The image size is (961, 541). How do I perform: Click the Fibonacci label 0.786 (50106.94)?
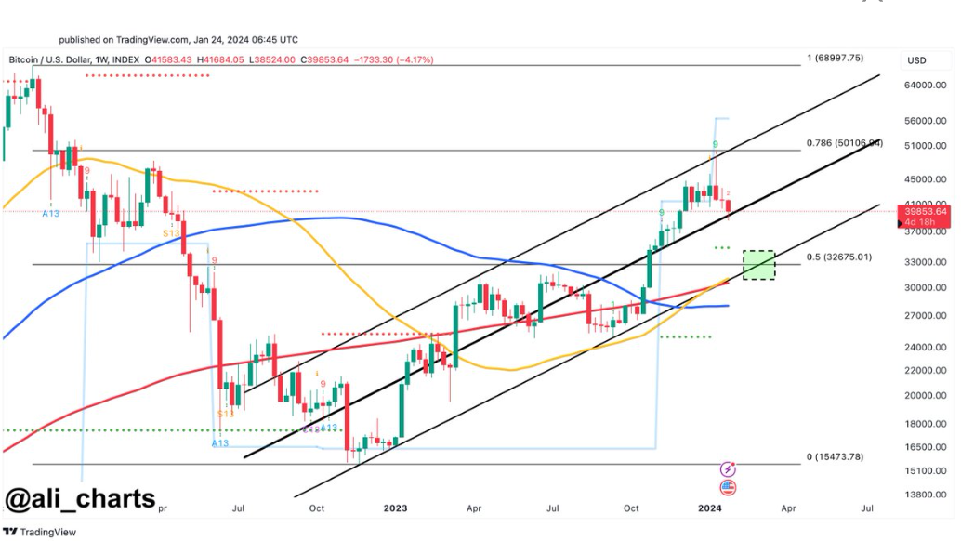844,143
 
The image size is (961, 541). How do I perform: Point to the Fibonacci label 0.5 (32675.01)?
838,257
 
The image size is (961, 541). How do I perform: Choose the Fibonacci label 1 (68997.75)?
835,58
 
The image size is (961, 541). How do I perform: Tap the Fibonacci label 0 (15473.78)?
835,457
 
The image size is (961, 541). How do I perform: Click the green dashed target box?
760,265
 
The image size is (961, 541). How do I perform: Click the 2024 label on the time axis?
709,508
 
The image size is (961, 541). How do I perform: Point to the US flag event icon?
728,487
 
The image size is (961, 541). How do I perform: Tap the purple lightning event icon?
728,469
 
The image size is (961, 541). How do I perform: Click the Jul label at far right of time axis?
866,508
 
